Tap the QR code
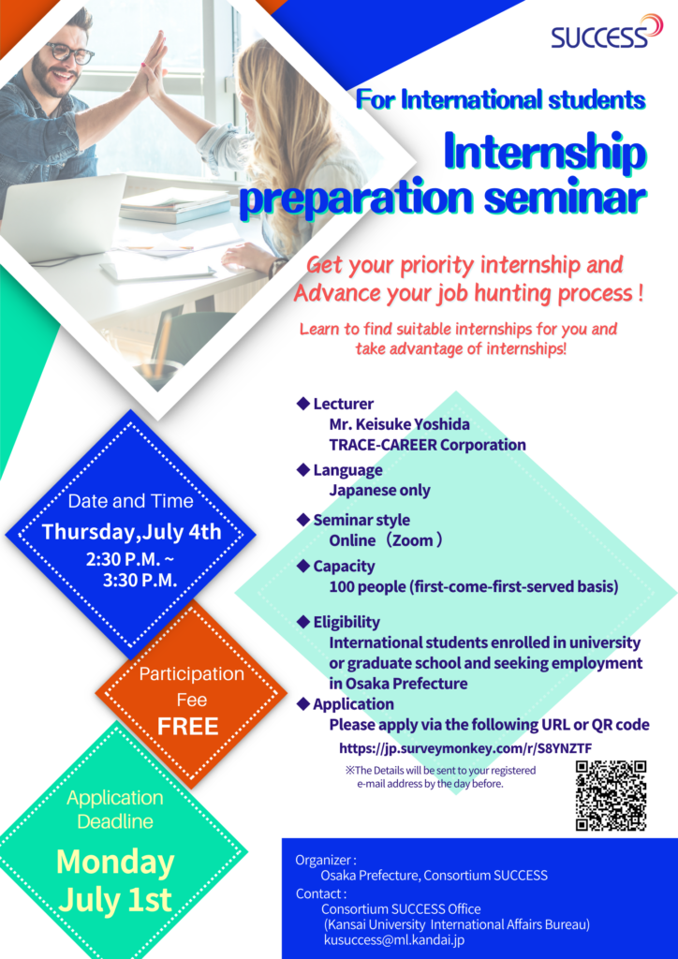[x=612, y=795]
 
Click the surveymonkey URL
[x=465, y=748]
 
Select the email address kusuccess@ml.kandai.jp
[x=394, y=940]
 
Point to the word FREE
[x=187, y=726]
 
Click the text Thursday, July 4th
[x=131, y=532]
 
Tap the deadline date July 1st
[x=115, y=900]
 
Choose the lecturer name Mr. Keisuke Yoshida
[x=399, y=424]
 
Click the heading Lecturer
[x=343, y=404]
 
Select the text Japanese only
[x=379, y=490]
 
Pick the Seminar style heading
[x=361, y=520]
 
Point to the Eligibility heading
[x=346, y=622]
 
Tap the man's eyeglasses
[x=69, y=53]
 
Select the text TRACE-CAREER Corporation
[x=427, y=445]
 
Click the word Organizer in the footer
[x=325, y=860]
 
